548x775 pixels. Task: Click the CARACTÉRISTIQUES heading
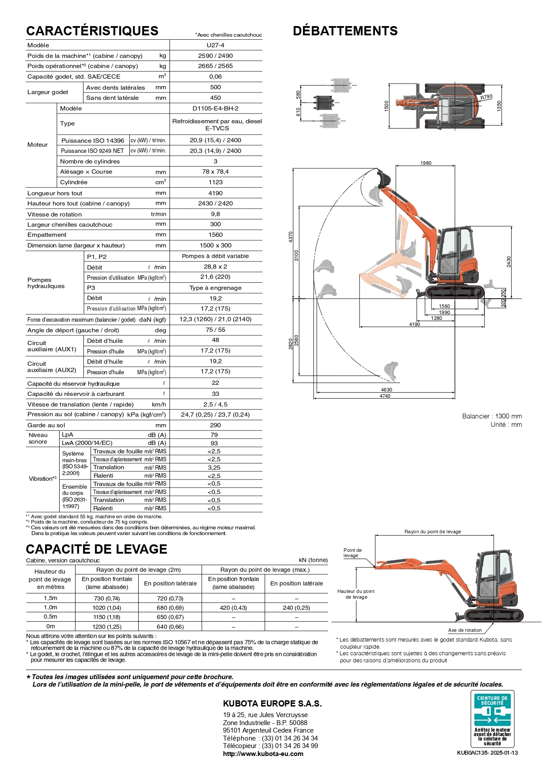click(92, 31)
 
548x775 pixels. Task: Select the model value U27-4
click(215, 45)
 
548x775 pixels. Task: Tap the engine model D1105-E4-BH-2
click(215, 108)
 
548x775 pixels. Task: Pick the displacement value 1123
click(215, 182)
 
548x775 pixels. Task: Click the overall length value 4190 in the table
click(215, 193)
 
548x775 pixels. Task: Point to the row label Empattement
click(47, 235)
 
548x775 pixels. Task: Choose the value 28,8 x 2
click(215, 267)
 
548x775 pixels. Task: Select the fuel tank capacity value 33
click(215, 394)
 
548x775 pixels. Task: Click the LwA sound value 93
click(214, 443)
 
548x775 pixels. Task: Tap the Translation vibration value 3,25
click(214, 467)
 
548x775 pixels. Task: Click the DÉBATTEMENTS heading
click(345, 31)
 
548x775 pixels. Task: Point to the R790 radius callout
click(487, 97)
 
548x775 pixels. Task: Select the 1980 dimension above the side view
click(426, 163)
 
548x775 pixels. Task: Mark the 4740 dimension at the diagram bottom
click(385, 396)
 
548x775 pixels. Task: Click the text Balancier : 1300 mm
click(492, 416)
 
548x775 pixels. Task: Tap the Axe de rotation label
click(465, 630)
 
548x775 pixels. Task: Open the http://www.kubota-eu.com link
click(263, 754)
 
